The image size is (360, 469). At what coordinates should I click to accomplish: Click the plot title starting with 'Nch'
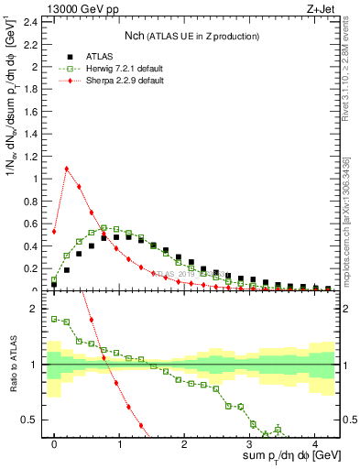[x=191, y=36]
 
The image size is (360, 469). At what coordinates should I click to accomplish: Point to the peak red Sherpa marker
[x=67, y=169]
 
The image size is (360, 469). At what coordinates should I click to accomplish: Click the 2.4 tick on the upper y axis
[x=31, y=21]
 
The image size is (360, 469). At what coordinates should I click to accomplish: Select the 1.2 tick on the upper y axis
[x=31, y=156]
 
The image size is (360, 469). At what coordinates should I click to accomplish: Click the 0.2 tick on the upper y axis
[x=31, y=268]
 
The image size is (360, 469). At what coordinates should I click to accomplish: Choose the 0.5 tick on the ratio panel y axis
[x=31, y=420]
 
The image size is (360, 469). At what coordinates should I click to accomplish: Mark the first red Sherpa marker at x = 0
[x=54, y=232]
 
